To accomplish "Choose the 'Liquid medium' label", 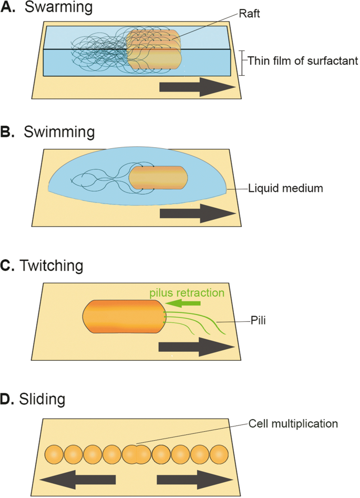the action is tap(278, 188).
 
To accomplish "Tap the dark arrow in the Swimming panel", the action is tap(198, 213).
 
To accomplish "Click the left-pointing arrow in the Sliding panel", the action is tap(78, 479).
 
